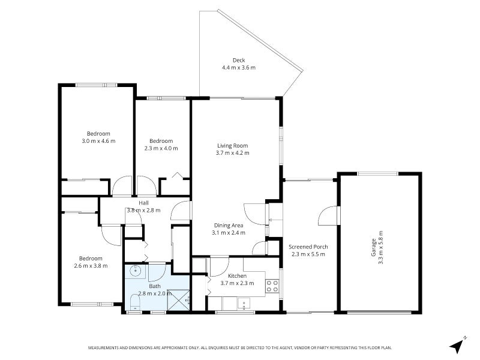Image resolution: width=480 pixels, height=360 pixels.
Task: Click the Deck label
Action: [239, 61]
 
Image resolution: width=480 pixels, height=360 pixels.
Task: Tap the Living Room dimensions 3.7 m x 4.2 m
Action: [232, 153]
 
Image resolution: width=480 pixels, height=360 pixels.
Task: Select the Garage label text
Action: [373, 247]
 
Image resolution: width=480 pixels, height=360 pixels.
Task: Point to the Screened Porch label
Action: [308, 247]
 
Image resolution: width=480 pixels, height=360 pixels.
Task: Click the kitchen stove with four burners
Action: [272, 286]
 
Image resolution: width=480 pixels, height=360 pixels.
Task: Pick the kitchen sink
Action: [244, 304]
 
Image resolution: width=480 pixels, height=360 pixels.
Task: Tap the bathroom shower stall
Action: [178, 300]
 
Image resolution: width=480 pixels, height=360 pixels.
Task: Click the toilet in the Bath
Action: [134, 303]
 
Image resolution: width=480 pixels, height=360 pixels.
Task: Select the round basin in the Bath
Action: [135, 271]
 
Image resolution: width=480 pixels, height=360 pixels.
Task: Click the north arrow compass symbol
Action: [457, 346]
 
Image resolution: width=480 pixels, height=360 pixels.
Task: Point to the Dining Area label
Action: [229, 226]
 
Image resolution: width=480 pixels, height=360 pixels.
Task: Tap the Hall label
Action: [143, 203]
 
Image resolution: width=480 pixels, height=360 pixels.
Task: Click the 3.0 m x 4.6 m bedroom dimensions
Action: [98, 141]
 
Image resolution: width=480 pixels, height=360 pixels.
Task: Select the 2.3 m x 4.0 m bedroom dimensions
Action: [161, 148]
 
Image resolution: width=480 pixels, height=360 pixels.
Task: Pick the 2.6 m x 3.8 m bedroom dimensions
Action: [91, 266]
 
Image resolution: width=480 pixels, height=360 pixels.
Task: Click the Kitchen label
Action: [237, 276]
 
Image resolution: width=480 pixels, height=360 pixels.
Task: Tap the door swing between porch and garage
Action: [328, 215]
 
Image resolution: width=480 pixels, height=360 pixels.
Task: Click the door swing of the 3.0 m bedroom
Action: [122, 185]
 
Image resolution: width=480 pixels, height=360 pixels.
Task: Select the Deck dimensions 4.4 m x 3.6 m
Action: [239, 68]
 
